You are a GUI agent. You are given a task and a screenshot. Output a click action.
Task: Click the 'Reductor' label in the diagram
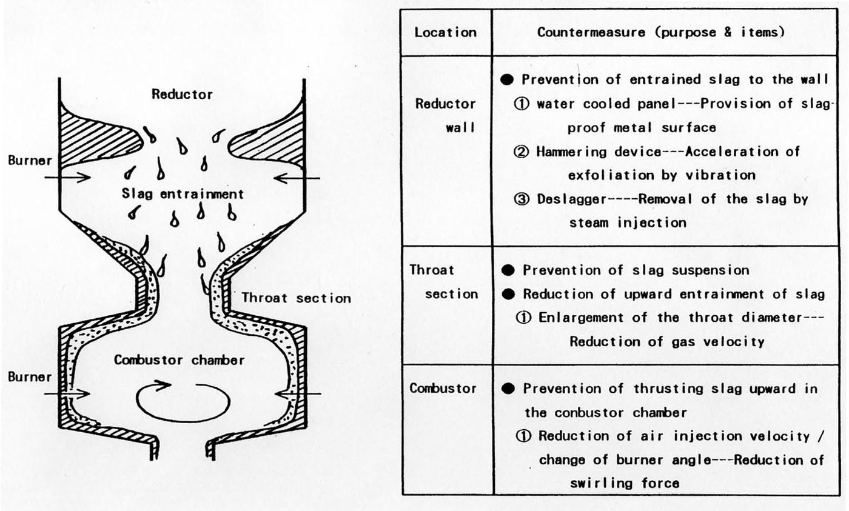coord(182,95)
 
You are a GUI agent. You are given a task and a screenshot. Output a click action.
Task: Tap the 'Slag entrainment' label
coord(183,194)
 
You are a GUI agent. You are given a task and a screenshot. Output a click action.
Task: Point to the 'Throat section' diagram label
coord(297,298)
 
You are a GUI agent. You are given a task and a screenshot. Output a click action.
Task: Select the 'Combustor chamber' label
coord(180,360)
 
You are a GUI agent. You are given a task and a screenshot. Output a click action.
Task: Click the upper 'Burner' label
coord(30,160)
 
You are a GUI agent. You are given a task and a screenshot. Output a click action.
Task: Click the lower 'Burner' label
coord(30,377)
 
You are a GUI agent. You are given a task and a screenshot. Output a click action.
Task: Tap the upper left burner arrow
coord(67,177)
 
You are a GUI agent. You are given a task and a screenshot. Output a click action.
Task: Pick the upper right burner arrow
coord(297,178)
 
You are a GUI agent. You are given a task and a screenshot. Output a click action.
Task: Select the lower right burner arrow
coord(298,394)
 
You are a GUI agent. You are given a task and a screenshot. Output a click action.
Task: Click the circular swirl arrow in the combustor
coord(183,401)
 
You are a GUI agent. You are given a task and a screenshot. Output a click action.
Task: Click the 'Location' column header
coord(445,32)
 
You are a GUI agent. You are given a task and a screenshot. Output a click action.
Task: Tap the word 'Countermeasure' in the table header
coord(591,32)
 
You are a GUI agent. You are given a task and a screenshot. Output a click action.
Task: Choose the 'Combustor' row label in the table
coord(443,389)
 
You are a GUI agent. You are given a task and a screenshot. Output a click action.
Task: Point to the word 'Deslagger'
coord(571,199)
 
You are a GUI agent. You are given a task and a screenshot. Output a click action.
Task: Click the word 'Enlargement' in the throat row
coord(581,318)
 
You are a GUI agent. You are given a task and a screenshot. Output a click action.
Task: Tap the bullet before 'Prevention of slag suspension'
coord(508,270)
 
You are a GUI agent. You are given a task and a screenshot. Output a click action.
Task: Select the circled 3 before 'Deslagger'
coord(522,199)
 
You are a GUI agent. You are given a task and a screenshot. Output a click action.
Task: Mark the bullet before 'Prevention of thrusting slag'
coord(508,389)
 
